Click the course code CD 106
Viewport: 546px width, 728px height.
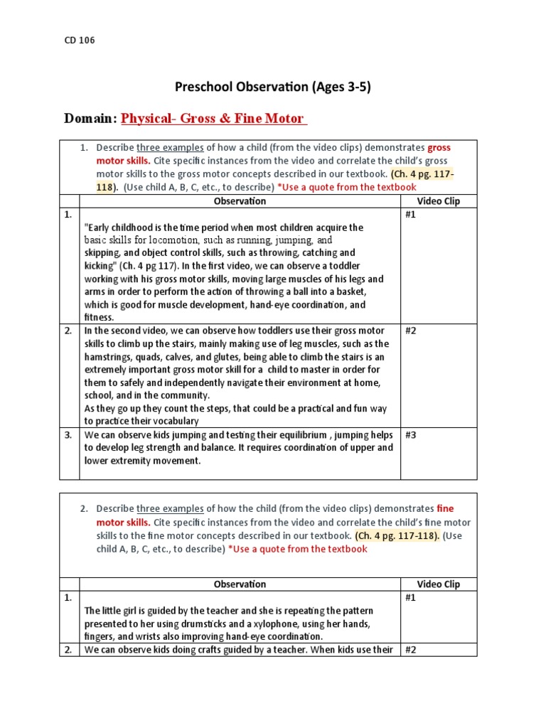(x=80, y=41)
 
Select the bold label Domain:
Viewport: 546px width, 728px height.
(x=90, y=119)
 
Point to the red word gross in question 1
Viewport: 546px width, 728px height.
(x=439, y=148)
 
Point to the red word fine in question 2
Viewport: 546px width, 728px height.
(x=444, y=508)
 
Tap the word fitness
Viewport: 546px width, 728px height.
(x=99, y=318)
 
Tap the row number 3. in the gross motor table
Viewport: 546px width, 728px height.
(x=69, y=435)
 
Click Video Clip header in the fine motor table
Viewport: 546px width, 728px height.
(x=438, y=584)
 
